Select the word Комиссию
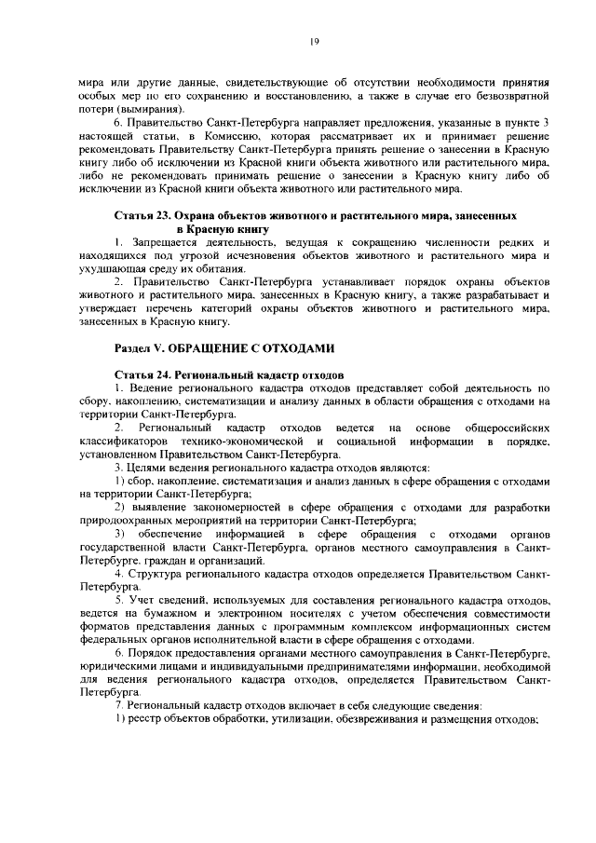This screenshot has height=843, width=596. click(x=233, y=137)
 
